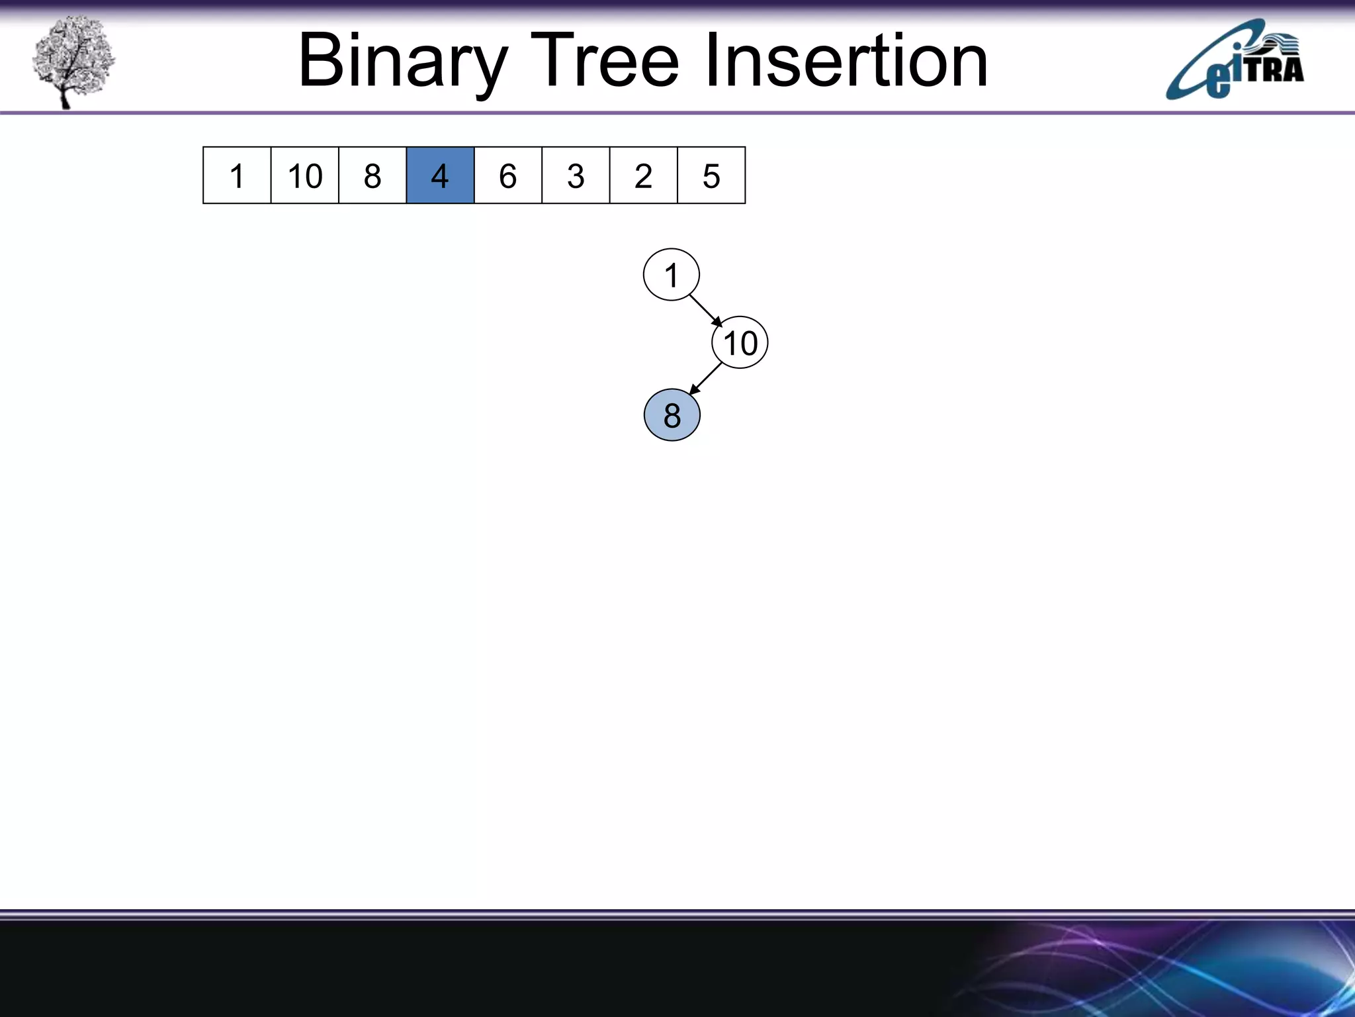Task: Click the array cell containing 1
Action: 237,175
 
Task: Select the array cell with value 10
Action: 305,175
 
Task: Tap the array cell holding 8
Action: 372,175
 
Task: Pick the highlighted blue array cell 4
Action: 440,175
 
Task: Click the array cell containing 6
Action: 508,175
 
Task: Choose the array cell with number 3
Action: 576,175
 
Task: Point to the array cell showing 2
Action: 644,175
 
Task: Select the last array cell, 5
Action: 711,175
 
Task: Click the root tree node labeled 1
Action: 672,275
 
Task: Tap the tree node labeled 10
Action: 740,343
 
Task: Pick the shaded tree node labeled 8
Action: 672,415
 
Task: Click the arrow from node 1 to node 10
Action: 705,310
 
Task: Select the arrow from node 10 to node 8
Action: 705,379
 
